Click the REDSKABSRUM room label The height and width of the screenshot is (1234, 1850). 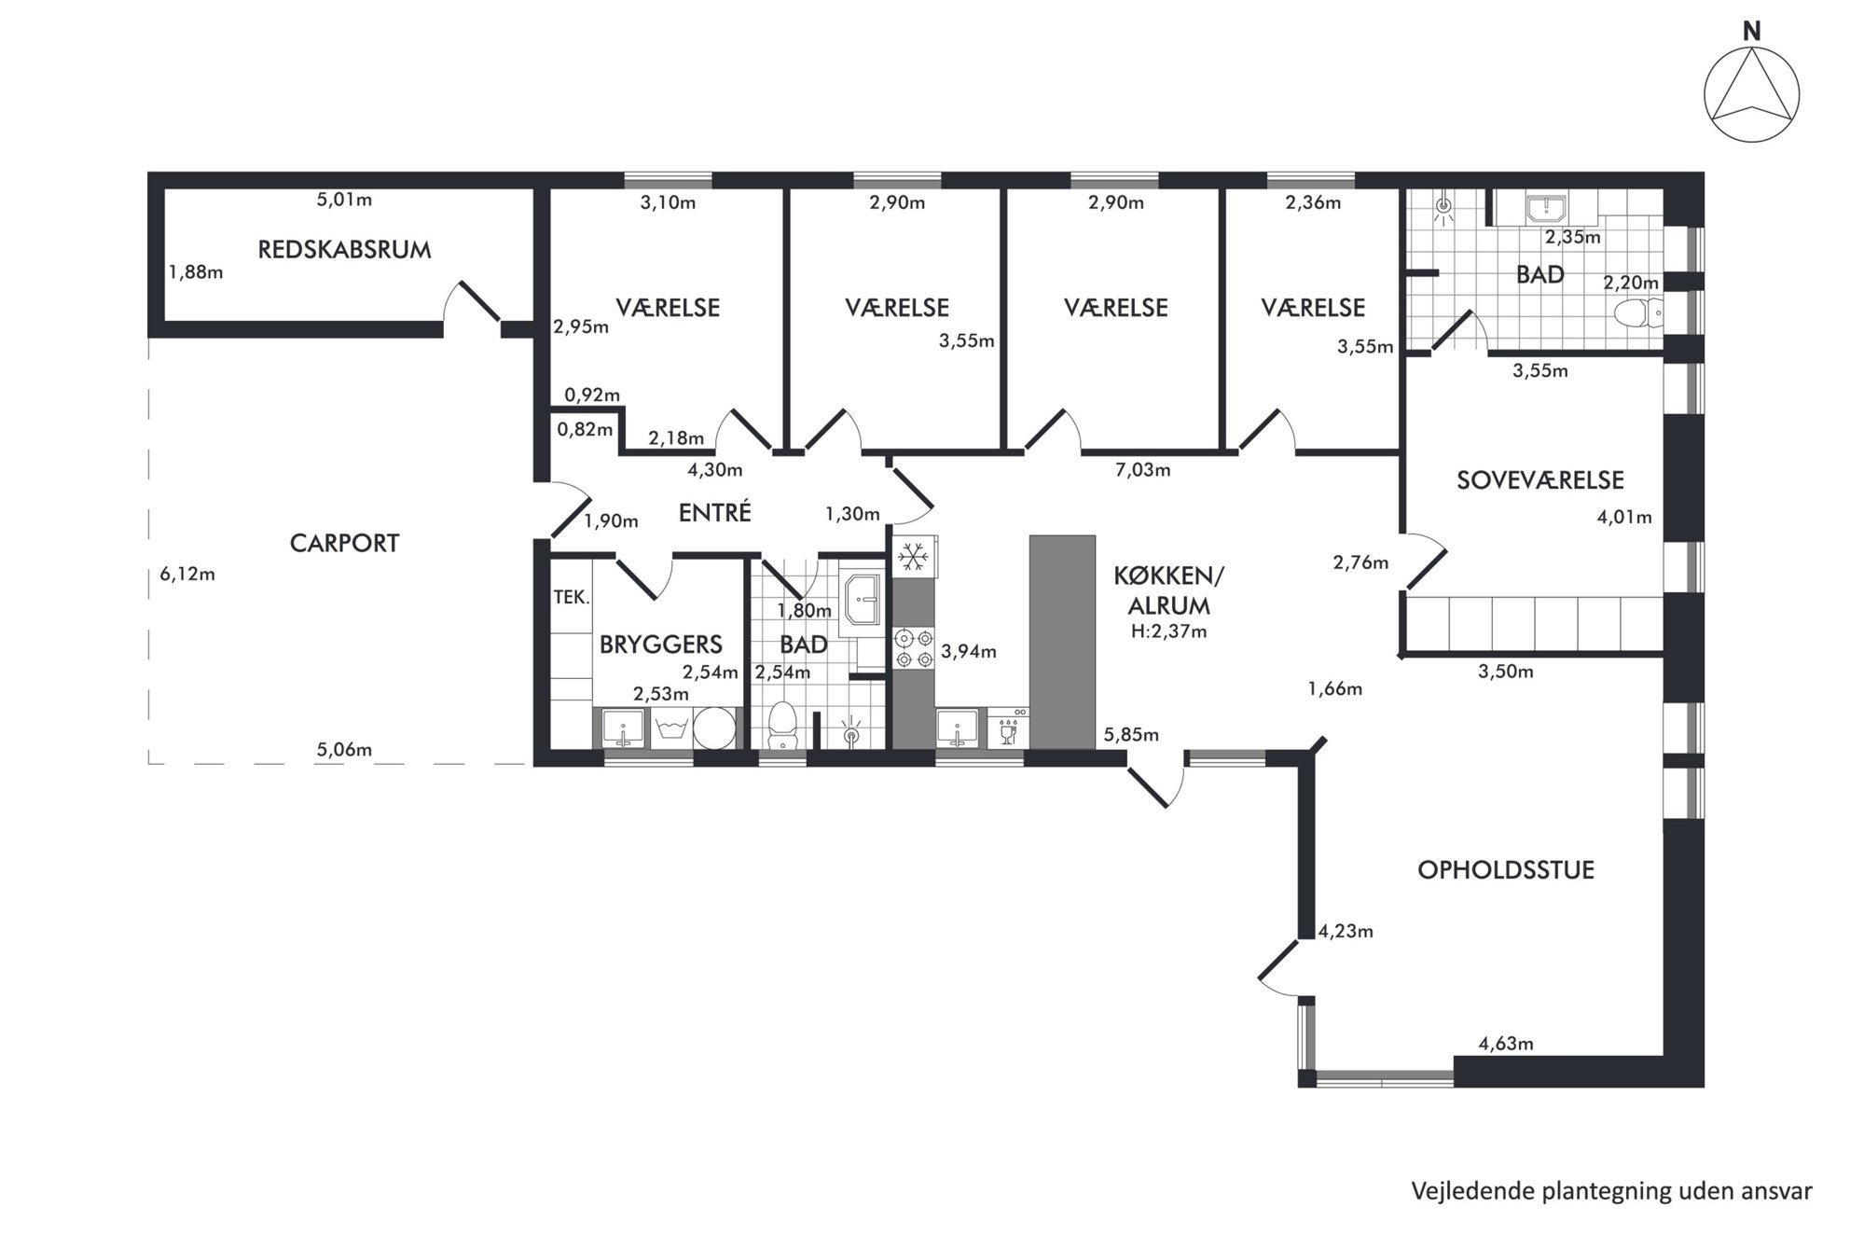(344, 250)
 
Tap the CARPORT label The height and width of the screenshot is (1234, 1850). (344, 543)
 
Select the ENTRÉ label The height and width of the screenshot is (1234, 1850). (714, 512)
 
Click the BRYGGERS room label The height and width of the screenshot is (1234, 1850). (660, 644)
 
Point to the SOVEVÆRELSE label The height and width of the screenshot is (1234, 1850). (1539, 480)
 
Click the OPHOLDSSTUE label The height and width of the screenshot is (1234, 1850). (1506, 870)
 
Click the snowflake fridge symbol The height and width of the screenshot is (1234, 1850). (913, 558)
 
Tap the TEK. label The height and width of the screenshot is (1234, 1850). (571, 597)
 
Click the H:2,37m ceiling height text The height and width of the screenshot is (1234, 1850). (1168, 631)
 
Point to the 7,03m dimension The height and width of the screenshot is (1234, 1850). (1142, 470)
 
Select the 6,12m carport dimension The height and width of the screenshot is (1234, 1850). (187, 574)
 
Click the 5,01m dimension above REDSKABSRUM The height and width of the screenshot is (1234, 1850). (344, 199)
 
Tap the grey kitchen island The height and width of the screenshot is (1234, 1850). (1062, 642)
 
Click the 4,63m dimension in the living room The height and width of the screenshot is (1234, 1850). (1506, 1044)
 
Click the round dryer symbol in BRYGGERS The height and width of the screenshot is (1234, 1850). (713, 728)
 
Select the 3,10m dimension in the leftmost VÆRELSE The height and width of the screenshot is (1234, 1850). (668, 202)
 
